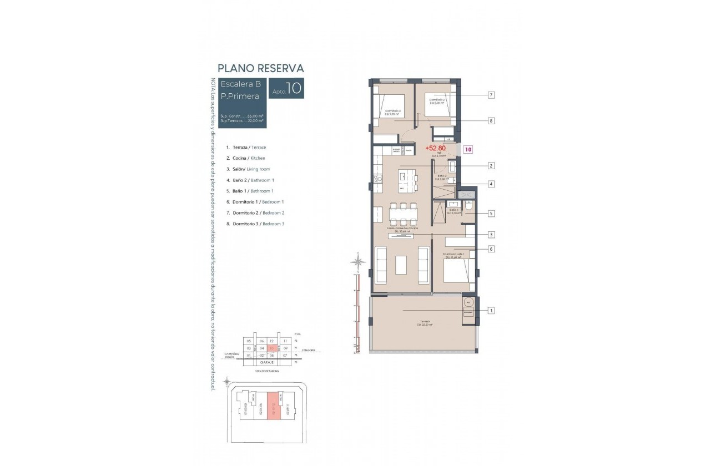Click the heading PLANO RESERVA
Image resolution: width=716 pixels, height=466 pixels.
coord(260,68)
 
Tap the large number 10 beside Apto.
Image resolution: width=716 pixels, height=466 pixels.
coord(294,88)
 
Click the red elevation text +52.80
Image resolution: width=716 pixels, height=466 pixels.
coord(436,149)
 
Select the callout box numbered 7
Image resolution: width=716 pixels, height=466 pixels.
coord(491,95)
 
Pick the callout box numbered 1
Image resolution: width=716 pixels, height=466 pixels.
coord(491,311)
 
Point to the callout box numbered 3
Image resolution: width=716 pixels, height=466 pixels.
coord(491,234)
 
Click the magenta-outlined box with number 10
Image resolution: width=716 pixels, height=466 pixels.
coord(468,149)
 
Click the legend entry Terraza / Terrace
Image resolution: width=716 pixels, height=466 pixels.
coord(246,147)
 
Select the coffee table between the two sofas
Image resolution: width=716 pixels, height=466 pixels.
coord(402,265)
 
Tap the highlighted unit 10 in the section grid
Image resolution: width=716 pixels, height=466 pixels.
coord(272,348)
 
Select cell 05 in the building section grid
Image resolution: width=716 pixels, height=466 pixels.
coord(249,341)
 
